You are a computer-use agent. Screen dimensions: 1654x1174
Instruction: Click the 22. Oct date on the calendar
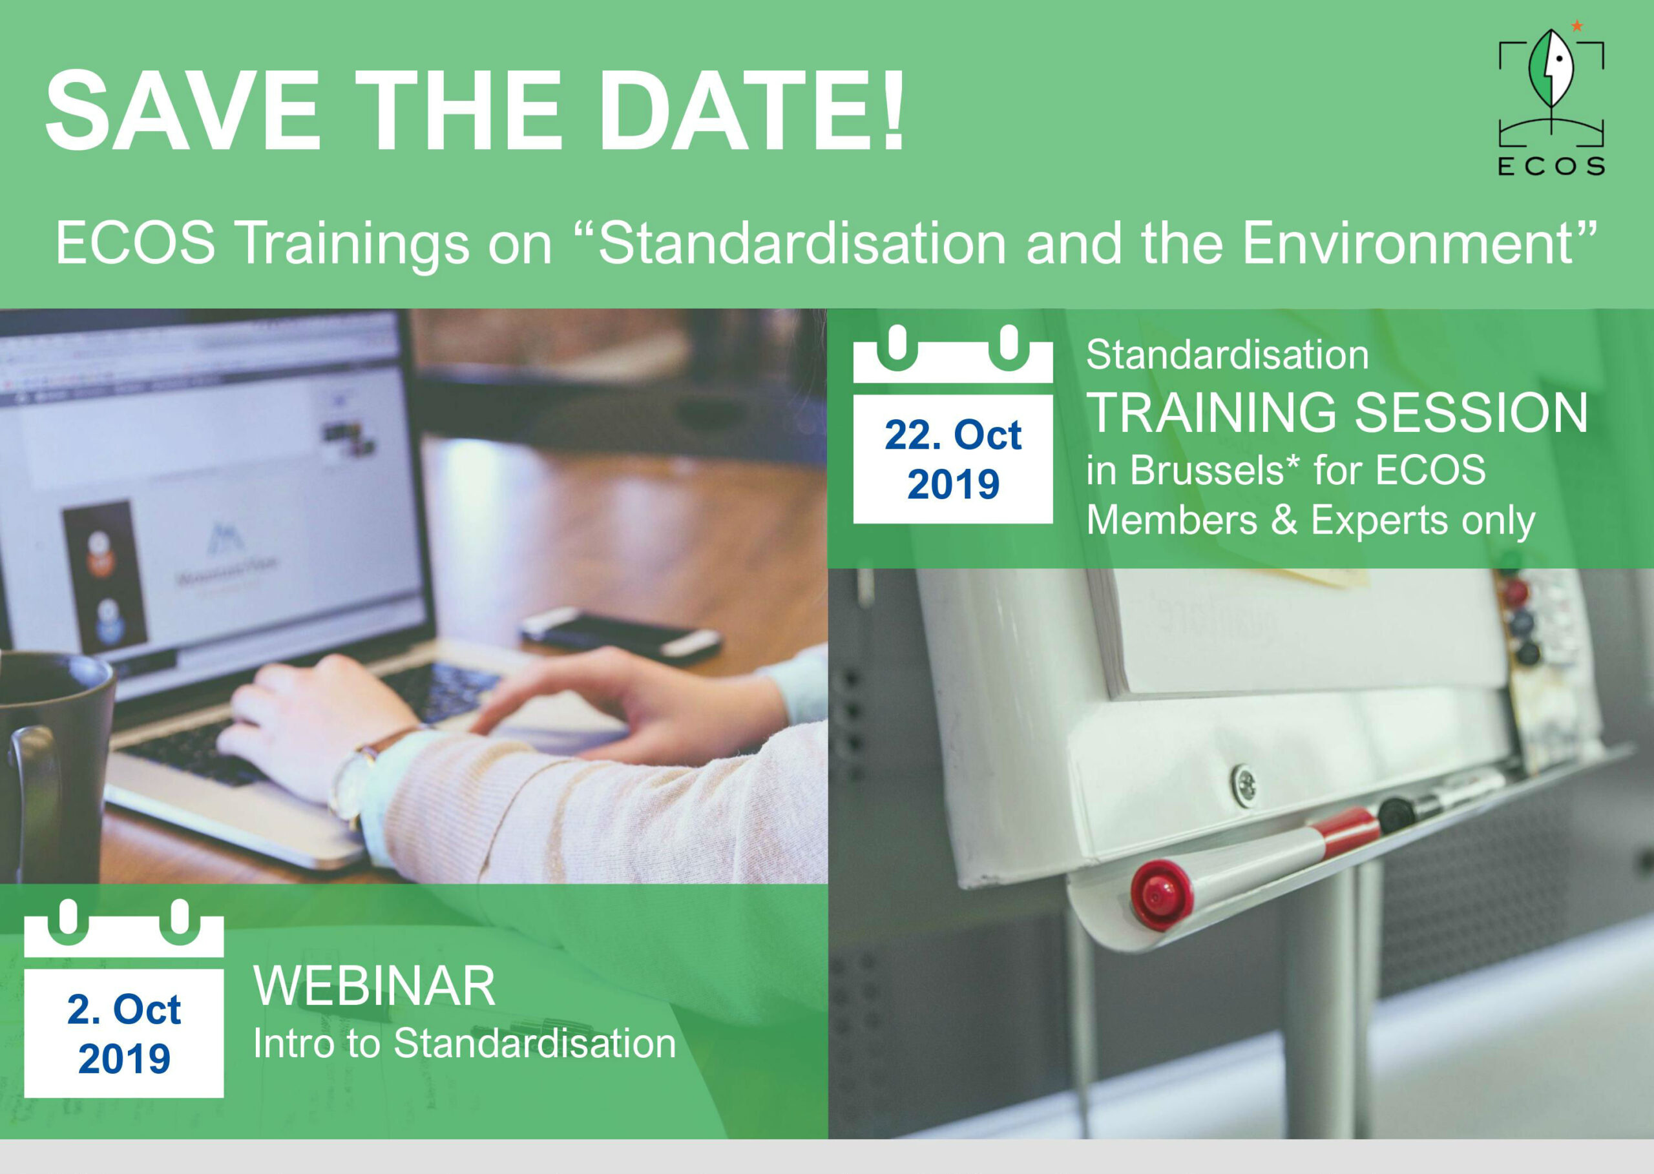click(952, 435)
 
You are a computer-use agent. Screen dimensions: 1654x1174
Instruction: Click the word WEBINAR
click(374, 986)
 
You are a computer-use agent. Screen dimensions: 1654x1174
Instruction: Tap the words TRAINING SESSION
click(1337, 413)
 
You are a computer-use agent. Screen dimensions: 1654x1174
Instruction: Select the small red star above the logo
click(1577, 26)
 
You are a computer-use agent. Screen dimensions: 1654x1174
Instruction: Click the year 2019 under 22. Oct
click(953, 484)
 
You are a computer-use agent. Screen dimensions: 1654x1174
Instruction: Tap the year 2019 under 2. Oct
click(125, 1059)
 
